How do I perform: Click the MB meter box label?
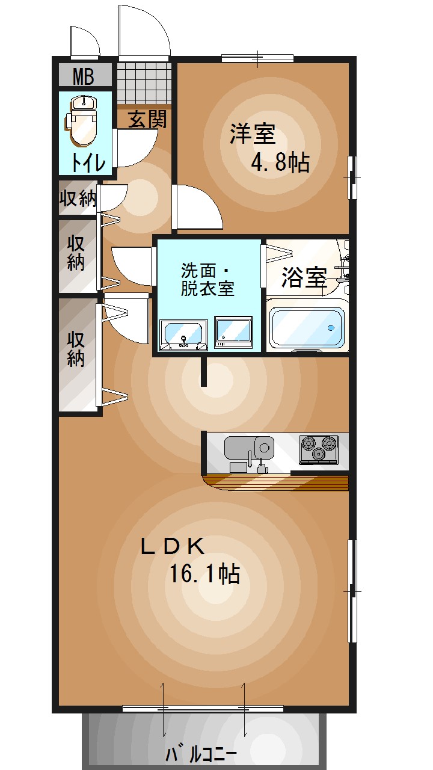tap(84, 77)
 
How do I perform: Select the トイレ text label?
tap(88, 162)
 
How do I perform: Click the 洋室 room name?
tap(252, 134)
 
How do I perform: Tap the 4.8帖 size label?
tap(280, 162)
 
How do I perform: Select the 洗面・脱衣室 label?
tap(207, 279)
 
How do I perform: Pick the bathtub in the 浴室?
tap(307, 328)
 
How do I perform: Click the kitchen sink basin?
tap(263, 447)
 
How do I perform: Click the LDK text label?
tap(173, 546)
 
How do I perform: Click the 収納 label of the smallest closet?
tap(78, 198)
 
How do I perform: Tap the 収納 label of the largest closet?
tap(76, 349)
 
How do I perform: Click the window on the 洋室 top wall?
tap(257, 58)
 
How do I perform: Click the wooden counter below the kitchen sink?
tap(277, 482)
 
